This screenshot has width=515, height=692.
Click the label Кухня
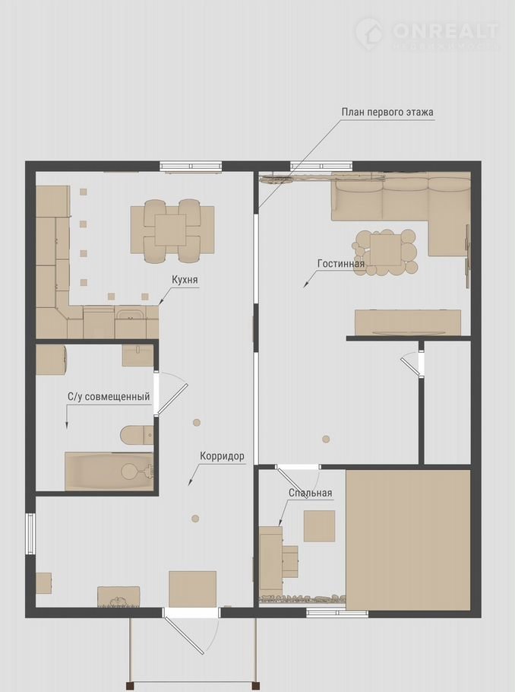(x=185, y=280)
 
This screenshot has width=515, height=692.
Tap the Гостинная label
(x=341, y=263)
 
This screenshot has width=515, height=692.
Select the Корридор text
(x=222, y=456)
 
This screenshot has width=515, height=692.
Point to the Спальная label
(x=311, y=493)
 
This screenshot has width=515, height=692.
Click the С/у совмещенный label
(x=109, y=396)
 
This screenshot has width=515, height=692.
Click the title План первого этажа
(x=387, y=112)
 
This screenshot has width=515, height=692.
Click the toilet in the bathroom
(x=136, y=435)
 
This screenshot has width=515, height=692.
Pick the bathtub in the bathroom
(x=109, y=471)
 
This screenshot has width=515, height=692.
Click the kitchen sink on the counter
(x=130, y=316)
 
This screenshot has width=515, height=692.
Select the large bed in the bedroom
(x=409, y=540)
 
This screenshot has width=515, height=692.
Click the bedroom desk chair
(x=289, y=562)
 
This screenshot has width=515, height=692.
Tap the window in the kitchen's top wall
(x=191, y=167)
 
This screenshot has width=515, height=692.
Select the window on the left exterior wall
(x=30, y=534)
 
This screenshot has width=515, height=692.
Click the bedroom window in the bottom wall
(x=337, y=613)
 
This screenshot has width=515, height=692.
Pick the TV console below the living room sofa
(x=409, y=322)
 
